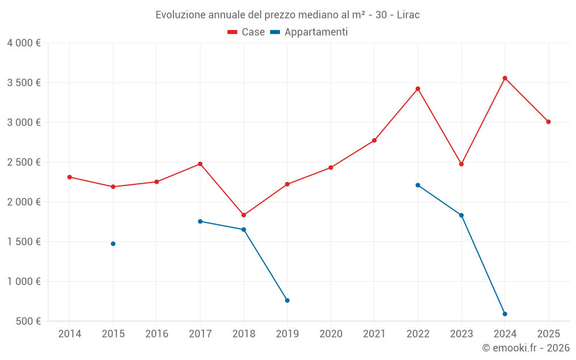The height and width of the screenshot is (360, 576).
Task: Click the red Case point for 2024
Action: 505,78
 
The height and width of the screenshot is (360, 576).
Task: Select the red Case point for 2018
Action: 244,215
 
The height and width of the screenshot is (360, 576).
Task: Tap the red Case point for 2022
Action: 418,89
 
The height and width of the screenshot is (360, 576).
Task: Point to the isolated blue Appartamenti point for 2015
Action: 113,244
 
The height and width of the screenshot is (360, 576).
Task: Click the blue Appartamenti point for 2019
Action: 287,300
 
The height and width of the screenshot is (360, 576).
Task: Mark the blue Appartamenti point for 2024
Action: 505,314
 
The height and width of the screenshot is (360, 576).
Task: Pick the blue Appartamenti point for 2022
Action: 418,185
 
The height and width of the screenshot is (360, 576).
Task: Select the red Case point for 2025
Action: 548,122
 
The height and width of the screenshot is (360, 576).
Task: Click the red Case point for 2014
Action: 70,177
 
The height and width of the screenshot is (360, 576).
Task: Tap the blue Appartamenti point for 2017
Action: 200,221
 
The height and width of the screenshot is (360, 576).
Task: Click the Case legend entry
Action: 247,32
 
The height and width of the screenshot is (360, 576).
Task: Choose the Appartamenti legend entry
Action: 309,32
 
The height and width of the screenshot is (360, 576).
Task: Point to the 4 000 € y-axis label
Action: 24,43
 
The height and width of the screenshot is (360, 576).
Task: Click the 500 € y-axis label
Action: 28,321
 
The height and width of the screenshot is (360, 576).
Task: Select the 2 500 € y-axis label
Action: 24,162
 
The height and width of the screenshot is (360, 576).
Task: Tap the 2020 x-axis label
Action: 331,334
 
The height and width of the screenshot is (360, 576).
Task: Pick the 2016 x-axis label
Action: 157,334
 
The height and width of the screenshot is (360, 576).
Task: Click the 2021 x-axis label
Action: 374,334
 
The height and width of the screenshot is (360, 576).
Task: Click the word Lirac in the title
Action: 408,14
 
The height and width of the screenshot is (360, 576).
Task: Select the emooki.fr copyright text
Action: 525,348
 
